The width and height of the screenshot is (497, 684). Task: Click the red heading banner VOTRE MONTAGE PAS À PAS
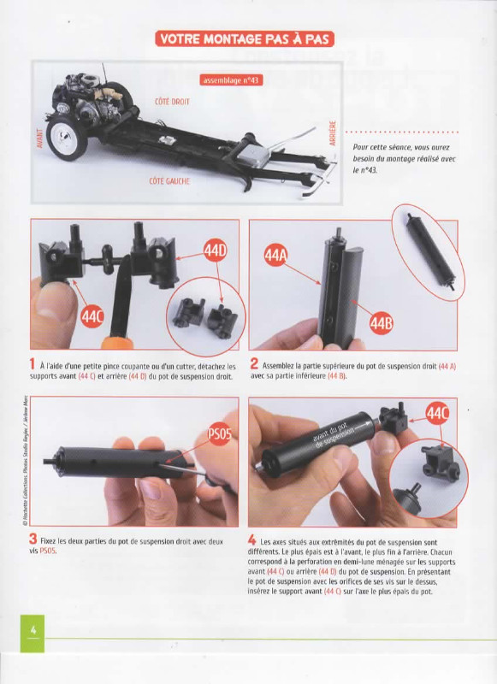(x=245, y=38)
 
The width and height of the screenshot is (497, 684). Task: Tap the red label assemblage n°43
(x=231, y=80)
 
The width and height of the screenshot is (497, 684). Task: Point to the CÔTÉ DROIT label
(x=172, y=102)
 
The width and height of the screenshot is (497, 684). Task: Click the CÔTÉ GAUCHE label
(x=169, y=181)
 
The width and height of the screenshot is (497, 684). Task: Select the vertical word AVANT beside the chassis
(x=39, y=139)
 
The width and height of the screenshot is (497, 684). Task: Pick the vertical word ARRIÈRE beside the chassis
(x=333, y=133)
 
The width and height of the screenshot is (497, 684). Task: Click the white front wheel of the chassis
(x=67, y=138)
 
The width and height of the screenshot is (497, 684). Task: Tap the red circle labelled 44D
(x=216, y=251)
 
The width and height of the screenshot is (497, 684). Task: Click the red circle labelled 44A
(x=275, y=255)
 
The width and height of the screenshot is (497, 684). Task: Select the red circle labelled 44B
(x=381, y=323)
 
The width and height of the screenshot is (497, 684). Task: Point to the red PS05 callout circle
(x=220, y=434)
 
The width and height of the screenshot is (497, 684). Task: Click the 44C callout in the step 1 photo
(x=92, y=316)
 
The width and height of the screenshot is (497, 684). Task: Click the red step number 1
(x=33, y=363)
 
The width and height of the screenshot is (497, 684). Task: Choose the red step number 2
(x=254, y=363)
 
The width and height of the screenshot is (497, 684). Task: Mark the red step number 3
(x=33, y=540)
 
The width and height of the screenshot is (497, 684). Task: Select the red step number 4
(x=252, y=540)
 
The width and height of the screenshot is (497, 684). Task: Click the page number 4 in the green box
(x=33, y=630)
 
